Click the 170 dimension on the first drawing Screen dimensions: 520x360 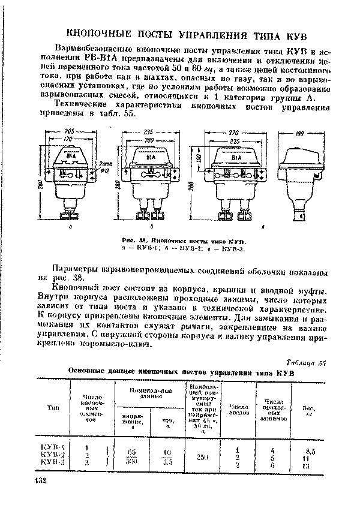click(x=70, y=140)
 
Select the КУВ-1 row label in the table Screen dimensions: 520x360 click(x=54, y=447)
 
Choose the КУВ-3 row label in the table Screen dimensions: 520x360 click(x=54, y=464)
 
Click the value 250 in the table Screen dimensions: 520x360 click(x=202, y=456)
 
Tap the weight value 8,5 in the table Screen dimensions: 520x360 click(x=310, y=447)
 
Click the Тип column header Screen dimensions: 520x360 click(x=52, y=408)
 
